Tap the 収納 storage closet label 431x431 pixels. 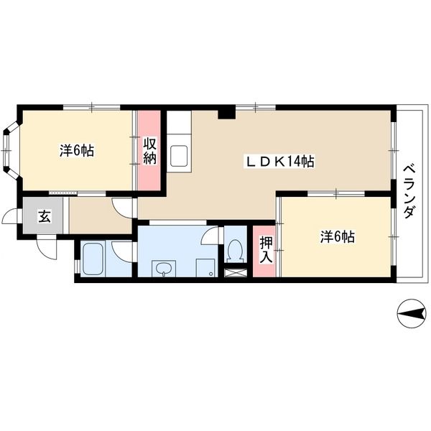point(150,151)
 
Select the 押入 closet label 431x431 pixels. point(266,249)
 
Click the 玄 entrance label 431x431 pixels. point(44,216)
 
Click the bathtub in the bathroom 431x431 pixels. point(93,259)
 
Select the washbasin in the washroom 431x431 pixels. point(164,269)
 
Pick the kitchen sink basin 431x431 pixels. point(179,156)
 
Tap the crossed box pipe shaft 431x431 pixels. point(236,273)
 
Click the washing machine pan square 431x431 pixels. point(205,268)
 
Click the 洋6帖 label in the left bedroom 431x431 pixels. point(77,150)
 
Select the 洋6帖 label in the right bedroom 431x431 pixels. point(338,236)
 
